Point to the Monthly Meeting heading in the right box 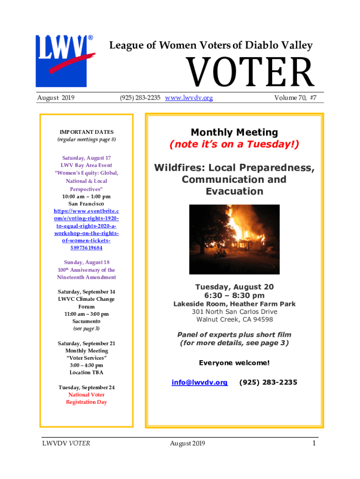pyautogui.click(x=234, y=132)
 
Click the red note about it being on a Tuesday pyautogui.click(x=234, y=145)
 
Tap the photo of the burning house pyautogui.click(x=234, y=239)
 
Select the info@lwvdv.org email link pyautogui.click(x=200, y=382)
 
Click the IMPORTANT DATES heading pyautogui.click(x=86, y=132)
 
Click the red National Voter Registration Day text pyautogui.click(x=86, y=399)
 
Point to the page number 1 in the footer pyautogui.click(x=314, y=443)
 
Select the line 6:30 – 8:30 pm pyautogui.click(x=234, y=295)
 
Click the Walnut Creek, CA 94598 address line pyautogui.click(x=234, y=319)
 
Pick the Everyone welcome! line pyautogui.click(x=234, y=363)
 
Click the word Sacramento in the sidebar pyautogui.click(x=86, y=321)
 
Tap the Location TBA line pyautogui.click(x=86, y=372)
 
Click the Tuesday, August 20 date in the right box pyautogui.click(x=234, y=286)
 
